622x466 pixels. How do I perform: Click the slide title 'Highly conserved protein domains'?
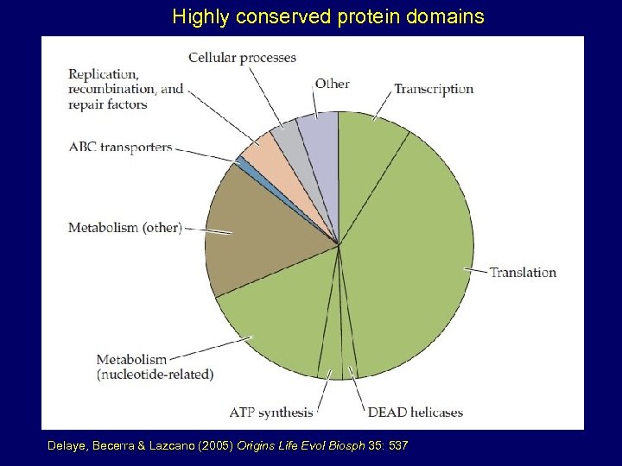pos(328,16)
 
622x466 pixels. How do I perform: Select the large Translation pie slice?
pos(415,259)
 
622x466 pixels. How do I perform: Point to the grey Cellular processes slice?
pos(283,138)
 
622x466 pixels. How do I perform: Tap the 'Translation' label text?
pos(523,273)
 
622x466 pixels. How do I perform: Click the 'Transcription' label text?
pos(434,89)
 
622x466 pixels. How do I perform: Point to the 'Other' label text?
pos(332,84)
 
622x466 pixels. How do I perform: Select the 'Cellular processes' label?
pos(242,58)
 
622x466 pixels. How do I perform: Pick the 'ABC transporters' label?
pos(120,148)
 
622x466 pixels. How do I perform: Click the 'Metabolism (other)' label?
pos(125,228)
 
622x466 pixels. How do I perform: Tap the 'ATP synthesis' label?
pos(271,412)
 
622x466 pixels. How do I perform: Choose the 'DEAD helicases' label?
pos(416,412)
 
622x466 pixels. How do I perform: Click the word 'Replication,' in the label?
pos(103,73)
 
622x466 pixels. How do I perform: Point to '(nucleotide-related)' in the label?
pos(155,375)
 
